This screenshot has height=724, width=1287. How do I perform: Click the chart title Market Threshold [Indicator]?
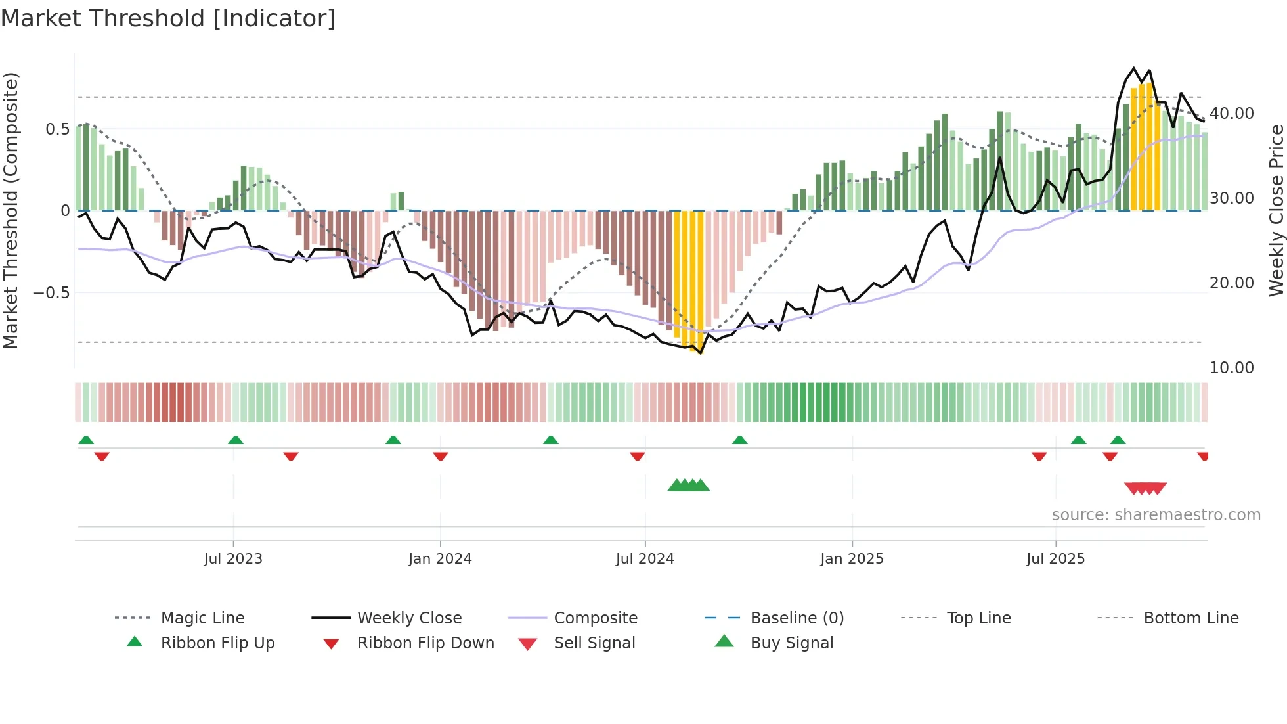(x=168, y=18)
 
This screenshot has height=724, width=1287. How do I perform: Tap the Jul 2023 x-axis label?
(x=233, y=559)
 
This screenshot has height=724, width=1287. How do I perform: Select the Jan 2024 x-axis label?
(x=440, y=559)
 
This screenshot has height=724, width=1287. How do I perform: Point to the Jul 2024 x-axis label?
(x=645, y=559)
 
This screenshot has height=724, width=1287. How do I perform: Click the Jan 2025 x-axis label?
(x=852, y=559)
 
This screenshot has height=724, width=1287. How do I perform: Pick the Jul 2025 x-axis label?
(x=1055, y=559)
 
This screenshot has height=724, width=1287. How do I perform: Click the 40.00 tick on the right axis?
(x=1232, y=114)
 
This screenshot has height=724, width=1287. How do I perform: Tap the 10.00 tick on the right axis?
(x=1232, y=368)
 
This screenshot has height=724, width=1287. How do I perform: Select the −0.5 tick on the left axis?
(x=52, y=292)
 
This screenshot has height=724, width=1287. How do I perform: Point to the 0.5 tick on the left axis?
(x=57, y=129)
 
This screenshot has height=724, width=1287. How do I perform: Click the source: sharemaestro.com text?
(x=1156, y=515)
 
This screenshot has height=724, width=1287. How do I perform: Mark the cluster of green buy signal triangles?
(x=688, y=486)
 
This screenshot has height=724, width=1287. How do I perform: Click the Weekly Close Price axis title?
(x=1276, y=210)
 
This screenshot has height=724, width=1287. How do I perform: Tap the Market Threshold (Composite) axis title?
(x=11, y=210)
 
